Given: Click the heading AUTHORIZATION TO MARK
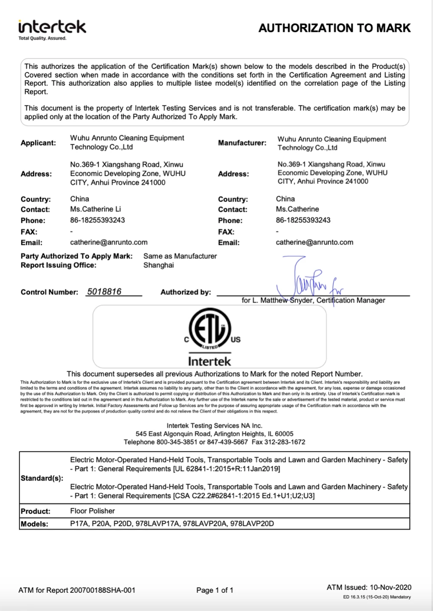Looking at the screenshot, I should click(x=335, y=28).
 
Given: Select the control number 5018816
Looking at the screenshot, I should click(x=104, y=292).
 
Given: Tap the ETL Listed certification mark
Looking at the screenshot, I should click(x=210, y=329).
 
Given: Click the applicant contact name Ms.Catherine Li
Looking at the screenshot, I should click(x=96, y=209).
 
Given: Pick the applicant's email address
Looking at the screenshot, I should click(x=109, y=242).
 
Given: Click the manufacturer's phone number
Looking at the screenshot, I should click(x=303, y=220).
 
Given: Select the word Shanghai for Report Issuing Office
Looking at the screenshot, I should click(x=158, y=265).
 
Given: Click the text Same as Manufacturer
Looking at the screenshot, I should click(x=180, y=256).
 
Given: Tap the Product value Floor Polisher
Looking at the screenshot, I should click(x=93, y=511).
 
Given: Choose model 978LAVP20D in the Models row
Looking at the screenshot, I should click(x=252, y=524).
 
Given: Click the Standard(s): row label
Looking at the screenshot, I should click(x=42, y=478).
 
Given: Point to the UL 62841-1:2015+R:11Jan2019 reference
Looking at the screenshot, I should click(x=226, y=469).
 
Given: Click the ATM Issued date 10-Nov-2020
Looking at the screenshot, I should click(x=391, y=587).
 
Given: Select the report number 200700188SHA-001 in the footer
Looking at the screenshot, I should click(x=103, y=590).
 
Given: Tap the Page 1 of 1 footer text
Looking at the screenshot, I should click(x=215, y=590).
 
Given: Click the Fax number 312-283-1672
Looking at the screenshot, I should click(x=285, y=442).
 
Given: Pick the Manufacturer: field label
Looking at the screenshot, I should click(x=242, y=143).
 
